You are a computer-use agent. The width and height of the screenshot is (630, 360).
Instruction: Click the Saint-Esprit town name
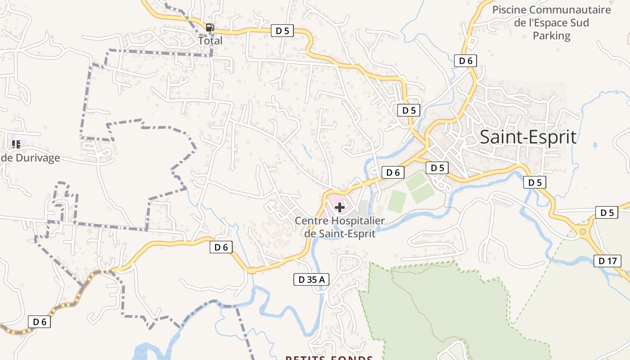528,137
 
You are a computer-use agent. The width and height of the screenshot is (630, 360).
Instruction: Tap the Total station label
211,40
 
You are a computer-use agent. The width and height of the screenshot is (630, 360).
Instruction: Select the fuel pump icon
210,27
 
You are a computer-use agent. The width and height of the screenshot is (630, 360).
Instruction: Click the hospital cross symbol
340,207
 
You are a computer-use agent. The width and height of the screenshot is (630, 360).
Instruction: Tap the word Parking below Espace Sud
551,36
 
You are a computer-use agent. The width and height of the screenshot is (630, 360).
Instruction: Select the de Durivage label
31,158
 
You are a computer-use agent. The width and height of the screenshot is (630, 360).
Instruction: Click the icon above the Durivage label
16,144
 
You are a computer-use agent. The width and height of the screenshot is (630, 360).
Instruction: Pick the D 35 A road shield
311,279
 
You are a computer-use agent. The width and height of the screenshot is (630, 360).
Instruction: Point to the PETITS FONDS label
329,358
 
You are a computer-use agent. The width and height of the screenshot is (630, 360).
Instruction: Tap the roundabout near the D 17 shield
583,232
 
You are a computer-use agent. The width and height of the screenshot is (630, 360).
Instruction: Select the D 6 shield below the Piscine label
465,61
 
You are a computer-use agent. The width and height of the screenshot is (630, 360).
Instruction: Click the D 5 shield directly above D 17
607,213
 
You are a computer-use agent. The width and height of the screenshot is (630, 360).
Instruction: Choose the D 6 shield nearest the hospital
393,172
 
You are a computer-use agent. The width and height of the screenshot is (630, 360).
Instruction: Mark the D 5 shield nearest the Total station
282,31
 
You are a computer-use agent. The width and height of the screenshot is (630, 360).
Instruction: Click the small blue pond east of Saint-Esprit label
595,145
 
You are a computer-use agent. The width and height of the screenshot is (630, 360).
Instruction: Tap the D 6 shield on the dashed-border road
40,322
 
